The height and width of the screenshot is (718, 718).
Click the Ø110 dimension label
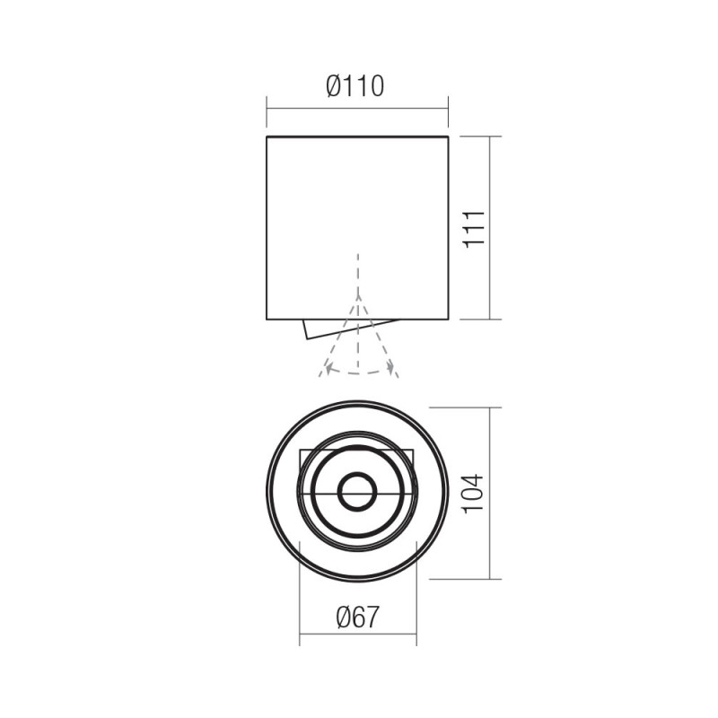(x=356, y=86)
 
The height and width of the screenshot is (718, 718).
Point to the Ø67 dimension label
(x=356, y=617)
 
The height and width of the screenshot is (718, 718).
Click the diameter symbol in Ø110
(x=334, y=86)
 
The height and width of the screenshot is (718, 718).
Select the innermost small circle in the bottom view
(x=357, y=493)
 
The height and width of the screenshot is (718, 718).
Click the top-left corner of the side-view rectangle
(x=267, y=137)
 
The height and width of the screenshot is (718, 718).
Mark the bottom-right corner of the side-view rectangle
(x=448, y=319)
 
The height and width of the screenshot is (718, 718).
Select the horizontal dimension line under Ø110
(x=356, y=109)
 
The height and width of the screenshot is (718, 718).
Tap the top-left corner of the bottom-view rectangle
(x=300, y=450)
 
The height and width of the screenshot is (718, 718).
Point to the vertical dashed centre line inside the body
(x=358, y=269)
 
